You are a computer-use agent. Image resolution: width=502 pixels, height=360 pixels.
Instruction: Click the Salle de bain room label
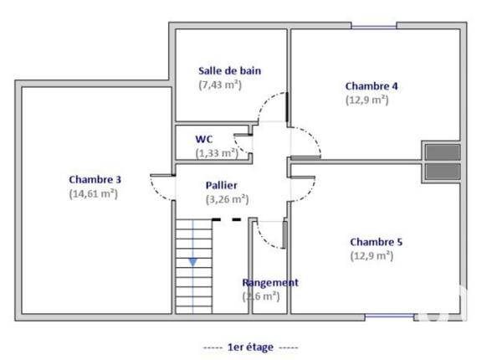tap(229, 70)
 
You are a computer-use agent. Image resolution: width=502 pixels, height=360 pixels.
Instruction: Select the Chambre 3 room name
tap(95, 178)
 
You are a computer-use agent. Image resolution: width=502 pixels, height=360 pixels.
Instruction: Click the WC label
tap(203, 138)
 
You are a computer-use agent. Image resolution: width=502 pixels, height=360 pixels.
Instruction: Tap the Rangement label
tap(270, 283)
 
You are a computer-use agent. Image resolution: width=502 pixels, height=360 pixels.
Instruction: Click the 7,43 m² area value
tap(220, 85)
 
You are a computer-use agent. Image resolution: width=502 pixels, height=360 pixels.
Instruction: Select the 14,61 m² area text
tap(94, 193)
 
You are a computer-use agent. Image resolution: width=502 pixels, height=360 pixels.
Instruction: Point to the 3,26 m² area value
tap(227, 199)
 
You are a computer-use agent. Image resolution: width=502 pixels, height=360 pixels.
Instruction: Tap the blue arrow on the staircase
tap(192, 262)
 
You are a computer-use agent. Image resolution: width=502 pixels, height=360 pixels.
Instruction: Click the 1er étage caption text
tap(250, 346)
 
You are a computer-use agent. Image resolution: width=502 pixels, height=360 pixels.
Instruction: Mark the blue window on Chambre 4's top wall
tap(374, 27)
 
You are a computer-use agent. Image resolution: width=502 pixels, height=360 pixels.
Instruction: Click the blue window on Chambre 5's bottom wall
tap(388, 316)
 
